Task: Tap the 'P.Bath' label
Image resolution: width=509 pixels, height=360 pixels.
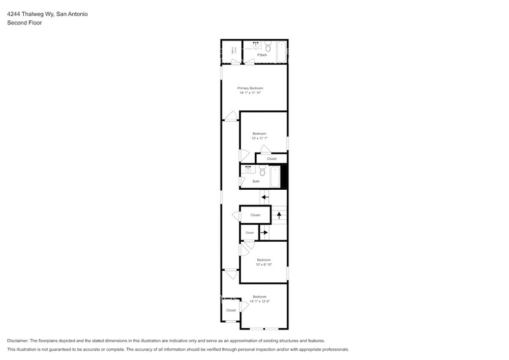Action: (x=262, y=55)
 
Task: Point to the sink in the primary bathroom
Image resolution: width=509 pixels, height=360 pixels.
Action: (x=255, y=44)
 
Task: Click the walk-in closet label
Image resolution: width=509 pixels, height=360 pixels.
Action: (x=233, y=51)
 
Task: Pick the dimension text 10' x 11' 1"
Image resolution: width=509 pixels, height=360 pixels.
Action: (x=259, y=138)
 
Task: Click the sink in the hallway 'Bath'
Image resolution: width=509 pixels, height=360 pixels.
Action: (x=248, y=168)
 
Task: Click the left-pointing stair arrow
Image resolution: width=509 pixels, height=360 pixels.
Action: (x=265, y=197)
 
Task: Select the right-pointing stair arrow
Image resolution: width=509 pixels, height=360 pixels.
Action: (x=264, y=233)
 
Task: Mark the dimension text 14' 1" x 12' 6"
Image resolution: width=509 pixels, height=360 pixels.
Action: (x=260, y=301)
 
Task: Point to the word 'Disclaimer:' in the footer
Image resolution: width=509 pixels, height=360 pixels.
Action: (x=20, y=340)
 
